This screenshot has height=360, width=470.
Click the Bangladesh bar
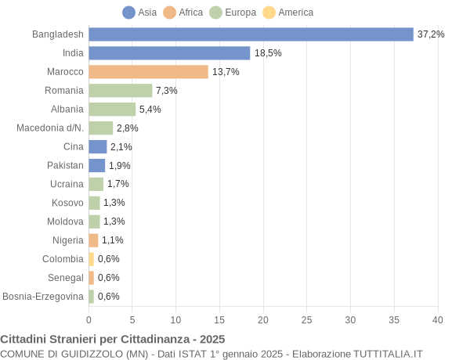pos(251,34)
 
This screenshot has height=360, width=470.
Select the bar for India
pos(169,53)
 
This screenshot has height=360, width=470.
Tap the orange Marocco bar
pos(148,72)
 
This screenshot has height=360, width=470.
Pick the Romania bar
pos(120,91)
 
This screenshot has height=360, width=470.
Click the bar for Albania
pos(112,110)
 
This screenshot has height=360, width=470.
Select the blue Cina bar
pos(97,146)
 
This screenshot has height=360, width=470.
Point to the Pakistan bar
pos(96,165)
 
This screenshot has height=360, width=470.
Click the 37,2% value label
pos(431,34)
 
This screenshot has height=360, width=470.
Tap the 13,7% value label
pos(226,72)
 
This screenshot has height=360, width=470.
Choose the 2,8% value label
pos(128,128)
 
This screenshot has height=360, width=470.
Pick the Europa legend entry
pos(233,13)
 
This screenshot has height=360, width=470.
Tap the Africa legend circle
pos(170,13)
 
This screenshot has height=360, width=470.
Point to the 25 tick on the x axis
pos(306,320)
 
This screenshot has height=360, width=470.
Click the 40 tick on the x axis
pos(437,320)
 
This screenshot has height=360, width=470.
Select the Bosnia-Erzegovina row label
pos(43,297)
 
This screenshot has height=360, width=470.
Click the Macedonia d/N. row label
pos(50,128)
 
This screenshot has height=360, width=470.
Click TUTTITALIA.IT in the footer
pos(378,354)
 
